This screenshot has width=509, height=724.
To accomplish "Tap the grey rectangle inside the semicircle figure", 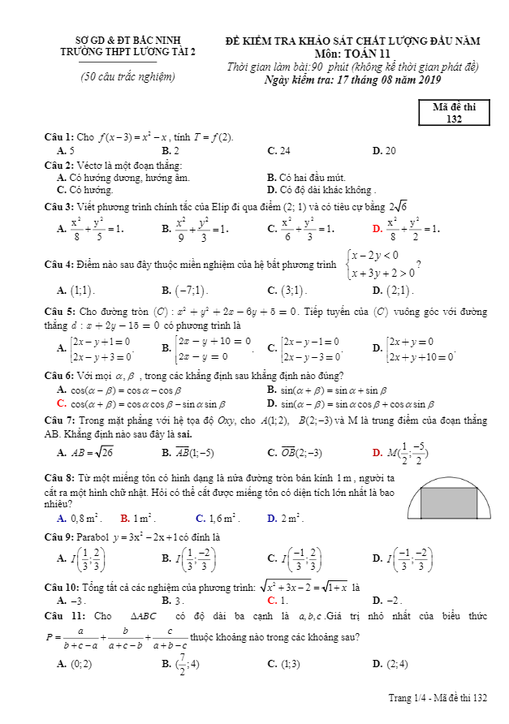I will [x=448, y=502].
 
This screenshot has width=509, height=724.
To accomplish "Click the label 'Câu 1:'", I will [x=59, y=136].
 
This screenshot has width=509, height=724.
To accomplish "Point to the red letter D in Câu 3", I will [x=377, y=230].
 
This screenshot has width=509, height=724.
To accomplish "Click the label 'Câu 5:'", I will [x=59, y=312].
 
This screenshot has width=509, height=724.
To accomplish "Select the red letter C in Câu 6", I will [x=61, y=403].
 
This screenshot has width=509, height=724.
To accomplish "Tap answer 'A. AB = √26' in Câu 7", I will [x=84, y=453].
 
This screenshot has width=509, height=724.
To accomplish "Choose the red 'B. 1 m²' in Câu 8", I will [x=137, y=517].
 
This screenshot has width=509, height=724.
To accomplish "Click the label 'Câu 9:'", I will [x=59, y=537].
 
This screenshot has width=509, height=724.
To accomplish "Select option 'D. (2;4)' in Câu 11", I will [x=390, y=663].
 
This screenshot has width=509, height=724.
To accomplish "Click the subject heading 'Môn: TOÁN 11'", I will [x=352, y=53].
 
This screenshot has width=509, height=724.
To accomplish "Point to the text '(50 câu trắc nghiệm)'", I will [x=127, y=77].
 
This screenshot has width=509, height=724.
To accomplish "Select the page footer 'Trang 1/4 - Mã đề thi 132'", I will [x=438, y=698].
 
